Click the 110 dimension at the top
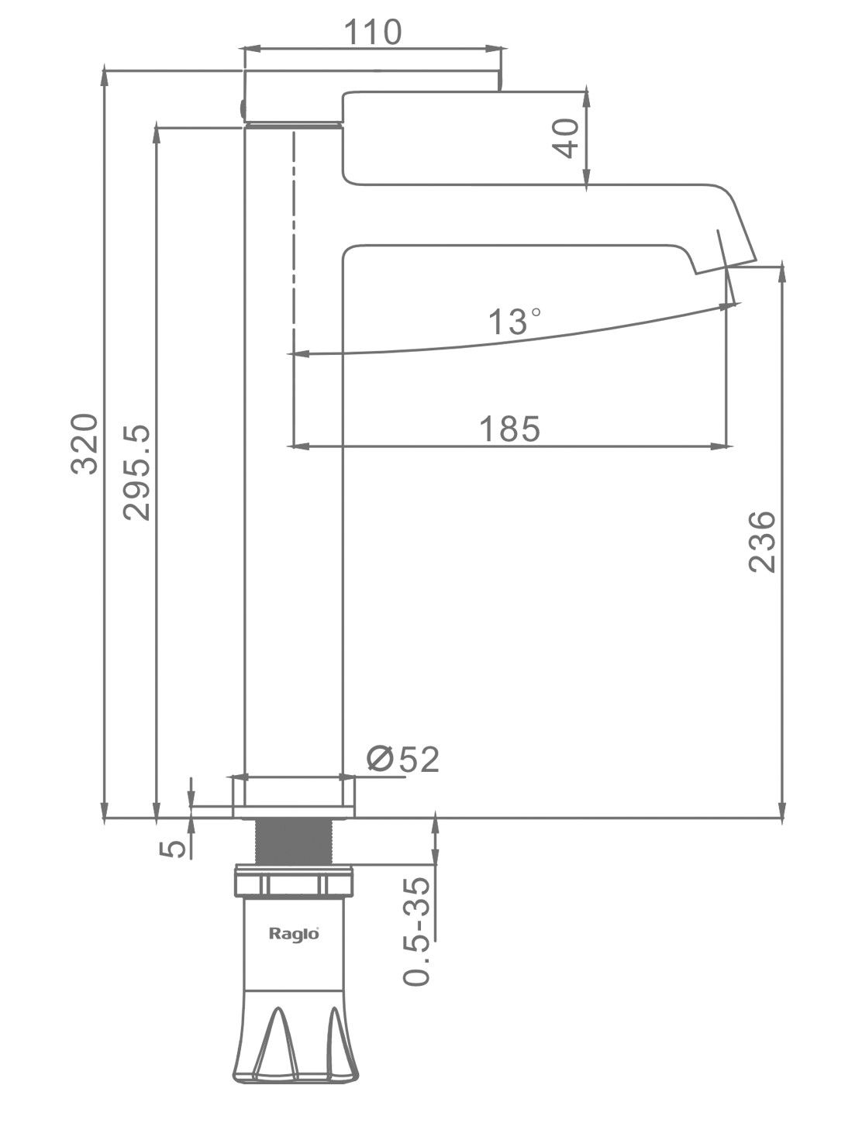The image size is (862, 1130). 372,33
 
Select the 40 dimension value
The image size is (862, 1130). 567,138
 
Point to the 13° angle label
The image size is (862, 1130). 514,321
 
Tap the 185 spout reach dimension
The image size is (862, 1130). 509,428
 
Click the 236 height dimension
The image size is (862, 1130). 762,542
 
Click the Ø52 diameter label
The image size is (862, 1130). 403,760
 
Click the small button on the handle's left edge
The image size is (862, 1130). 241,109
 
